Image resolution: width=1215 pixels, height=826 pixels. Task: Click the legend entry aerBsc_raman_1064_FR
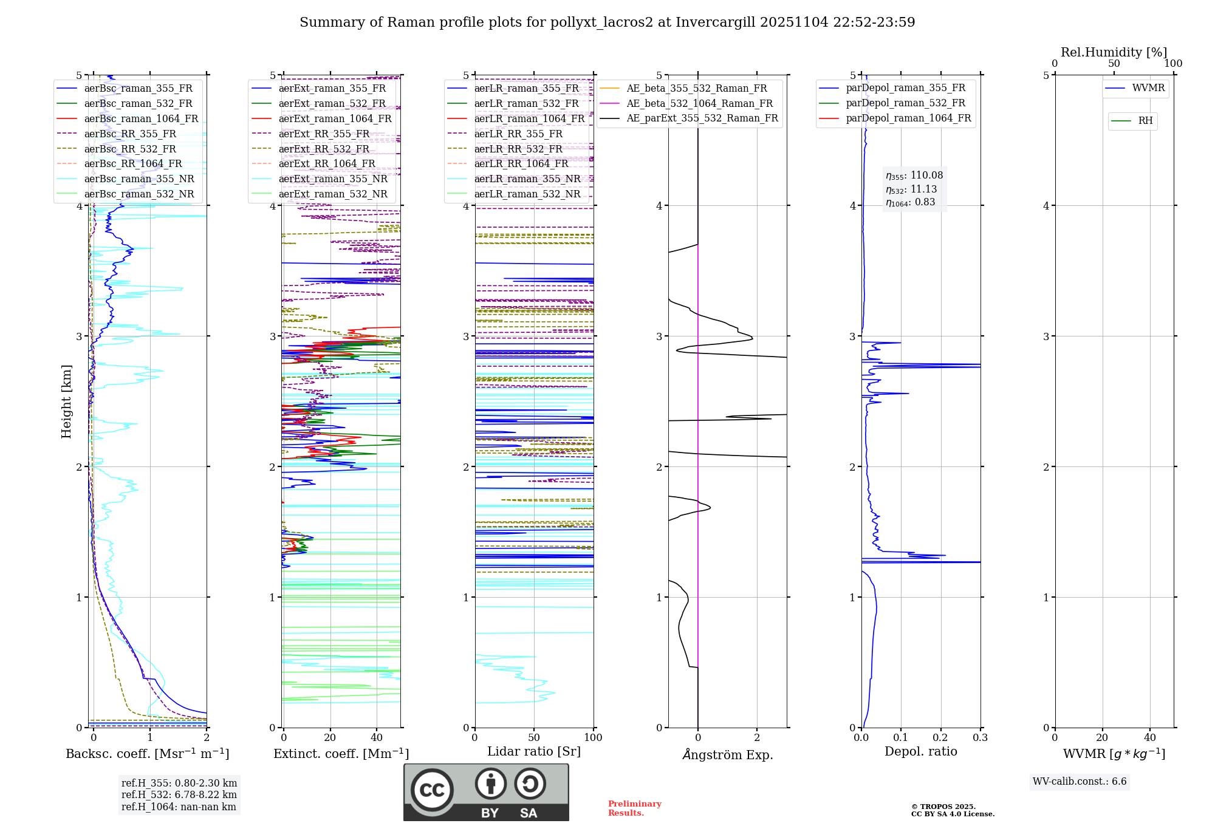click(x=141, y=118)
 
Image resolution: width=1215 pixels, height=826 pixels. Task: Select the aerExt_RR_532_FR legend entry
click(x=324, y=149)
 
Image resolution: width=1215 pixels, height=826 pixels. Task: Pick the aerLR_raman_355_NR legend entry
click(x=527, y=179)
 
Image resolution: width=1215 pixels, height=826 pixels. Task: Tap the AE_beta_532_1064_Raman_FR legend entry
click(x=699, y=103)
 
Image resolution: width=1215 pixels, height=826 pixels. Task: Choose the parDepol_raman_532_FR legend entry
click(x=905, y=103)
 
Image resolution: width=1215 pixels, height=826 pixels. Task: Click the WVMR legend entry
click(x=1148, y=88)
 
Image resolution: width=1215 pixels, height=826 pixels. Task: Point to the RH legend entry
click(x=1145, y=121)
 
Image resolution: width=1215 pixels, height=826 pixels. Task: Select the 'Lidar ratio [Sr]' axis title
click(x=534, y=751)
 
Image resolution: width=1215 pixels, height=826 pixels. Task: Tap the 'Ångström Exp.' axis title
click(x=728, y=754)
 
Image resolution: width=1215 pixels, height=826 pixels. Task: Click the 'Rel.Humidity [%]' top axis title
click(x=1114, y=52)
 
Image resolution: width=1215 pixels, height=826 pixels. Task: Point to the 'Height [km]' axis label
click(x=66, y=401)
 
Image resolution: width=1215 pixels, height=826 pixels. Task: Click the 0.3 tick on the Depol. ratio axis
click(x=980, y=738)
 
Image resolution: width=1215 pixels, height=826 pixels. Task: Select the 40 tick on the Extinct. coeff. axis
click(x=377, y=738)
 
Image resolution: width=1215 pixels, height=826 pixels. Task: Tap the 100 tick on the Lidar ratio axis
click(x=593, y=738)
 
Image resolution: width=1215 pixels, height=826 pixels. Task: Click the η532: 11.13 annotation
click(x=911, y=189)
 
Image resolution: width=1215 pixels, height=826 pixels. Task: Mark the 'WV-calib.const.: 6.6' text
click(x=1080, y=782)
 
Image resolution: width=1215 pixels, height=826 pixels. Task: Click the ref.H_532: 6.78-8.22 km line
click(x=179, y=794)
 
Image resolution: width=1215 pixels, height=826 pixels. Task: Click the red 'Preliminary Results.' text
click(x=634, y=808)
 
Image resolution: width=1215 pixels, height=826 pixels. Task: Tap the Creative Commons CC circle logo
click(x=432, y=790)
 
